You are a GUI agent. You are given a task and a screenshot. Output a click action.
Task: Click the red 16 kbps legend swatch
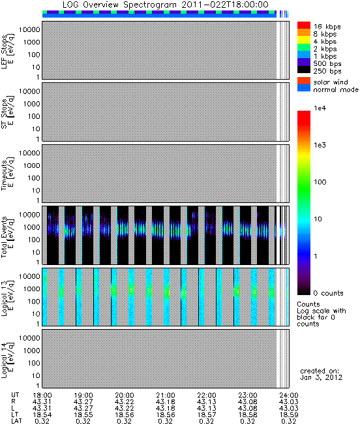[304, 25]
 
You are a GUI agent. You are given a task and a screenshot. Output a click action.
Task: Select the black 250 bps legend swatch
[304, 70]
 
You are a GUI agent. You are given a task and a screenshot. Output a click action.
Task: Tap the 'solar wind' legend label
[331, 82]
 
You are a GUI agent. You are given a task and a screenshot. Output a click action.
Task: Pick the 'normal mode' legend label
[336, 89]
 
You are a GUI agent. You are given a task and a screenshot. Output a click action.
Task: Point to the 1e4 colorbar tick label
[320, 108]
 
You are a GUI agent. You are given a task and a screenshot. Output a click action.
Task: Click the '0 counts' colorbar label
[328, 293]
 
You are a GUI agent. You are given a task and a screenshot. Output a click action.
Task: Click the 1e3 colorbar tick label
[320, 145]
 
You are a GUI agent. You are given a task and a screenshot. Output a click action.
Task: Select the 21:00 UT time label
[166, 395]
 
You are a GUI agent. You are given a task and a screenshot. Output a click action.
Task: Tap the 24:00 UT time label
[288, 395]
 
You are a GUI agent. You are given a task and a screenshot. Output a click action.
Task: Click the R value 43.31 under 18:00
[42, 401]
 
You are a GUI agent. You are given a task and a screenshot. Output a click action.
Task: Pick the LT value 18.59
[288, 415]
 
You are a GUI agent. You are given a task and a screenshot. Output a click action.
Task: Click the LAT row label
[16, 421]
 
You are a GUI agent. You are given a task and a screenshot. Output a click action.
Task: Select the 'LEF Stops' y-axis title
[7, 52]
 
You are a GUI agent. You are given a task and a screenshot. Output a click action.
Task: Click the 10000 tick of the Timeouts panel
[29, 153]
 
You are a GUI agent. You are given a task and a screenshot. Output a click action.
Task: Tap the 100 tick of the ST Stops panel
[33, 116]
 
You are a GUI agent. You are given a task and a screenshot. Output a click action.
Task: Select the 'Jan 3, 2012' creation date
[321, 377]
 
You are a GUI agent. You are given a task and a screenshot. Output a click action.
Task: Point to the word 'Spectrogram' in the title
[149, 5]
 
